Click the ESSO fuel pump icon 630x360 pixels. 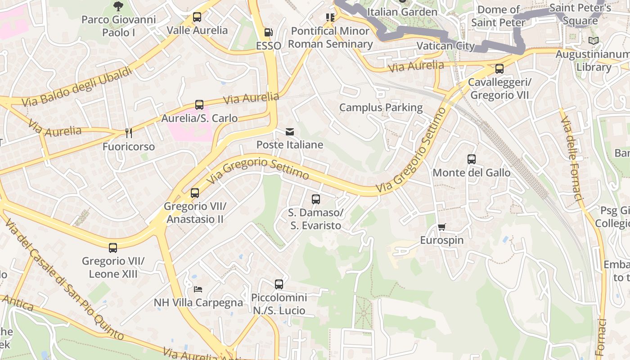(x=268, y=32)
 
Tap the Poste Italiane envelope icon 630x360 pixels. (x=290, y=132)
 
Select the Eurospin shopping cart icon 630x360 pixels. (x=442, y=227)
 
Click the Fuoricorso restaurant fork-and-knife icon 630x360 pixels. (x=129, y=133)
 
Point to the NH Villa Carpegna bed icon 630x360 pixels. (x=198, y=289)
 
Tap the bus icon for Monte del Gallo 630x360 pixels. (x=472, y=159)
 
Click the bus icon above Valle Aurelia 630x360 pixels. (x=197, y=18)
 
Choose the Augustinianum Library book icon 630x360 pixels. (x=594, y=41)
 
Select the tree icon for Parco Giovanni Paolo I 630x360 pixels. (x=118, y=6)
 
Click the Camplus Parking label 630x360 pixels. (x=381, y=108)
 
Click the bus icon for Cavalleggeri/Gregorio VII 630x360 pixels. (x=499, y=69)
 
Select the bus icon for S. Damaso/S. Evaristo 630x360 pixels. (x=316, y=199)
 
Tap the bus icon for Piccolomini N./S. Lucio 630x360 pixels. (x=279, y=284)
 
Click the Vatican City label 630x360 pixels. (x=445, y=46)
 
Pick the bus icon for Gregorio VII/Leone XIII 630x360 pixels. (x=113, y=247)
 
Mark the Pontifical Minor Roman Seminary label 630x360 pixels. (x=330, y=37)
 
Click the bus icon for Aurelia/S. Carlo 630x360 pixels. (x=199, y=105)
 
